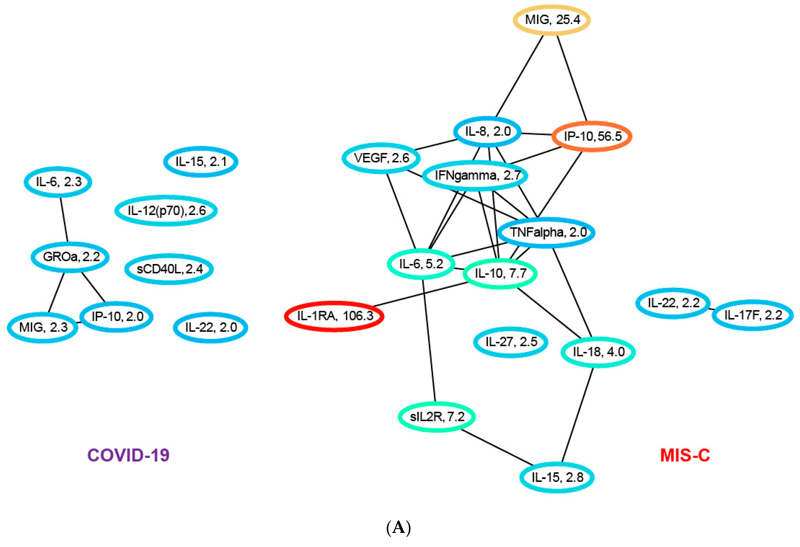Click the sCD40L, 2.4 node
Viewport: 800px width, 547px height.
pos(169,269)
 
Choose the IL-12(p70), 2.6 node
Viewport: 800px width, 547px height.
pos(166,211)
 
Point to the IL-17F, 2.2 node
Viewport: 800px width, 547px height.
pos(753,315)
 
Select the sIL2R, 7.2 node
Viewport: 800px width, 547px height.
pos(437,417)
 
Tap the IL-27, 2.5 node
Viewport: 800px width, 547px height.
pos(511,342)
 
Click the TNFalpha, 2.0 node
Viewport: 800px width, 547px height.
pos(547,233)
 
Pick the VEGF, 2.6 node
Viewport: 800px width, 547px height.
pos(381,158)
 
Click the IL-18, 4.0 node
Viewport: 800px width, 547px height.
pos(598,352)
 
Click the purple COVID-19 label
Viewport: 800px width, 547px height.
pos(128,455)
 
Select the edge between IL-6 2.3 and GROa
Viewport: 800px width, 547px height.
pos(64,219)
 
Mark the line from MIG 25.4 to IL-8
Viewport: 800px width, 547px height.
pos(520,76)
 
